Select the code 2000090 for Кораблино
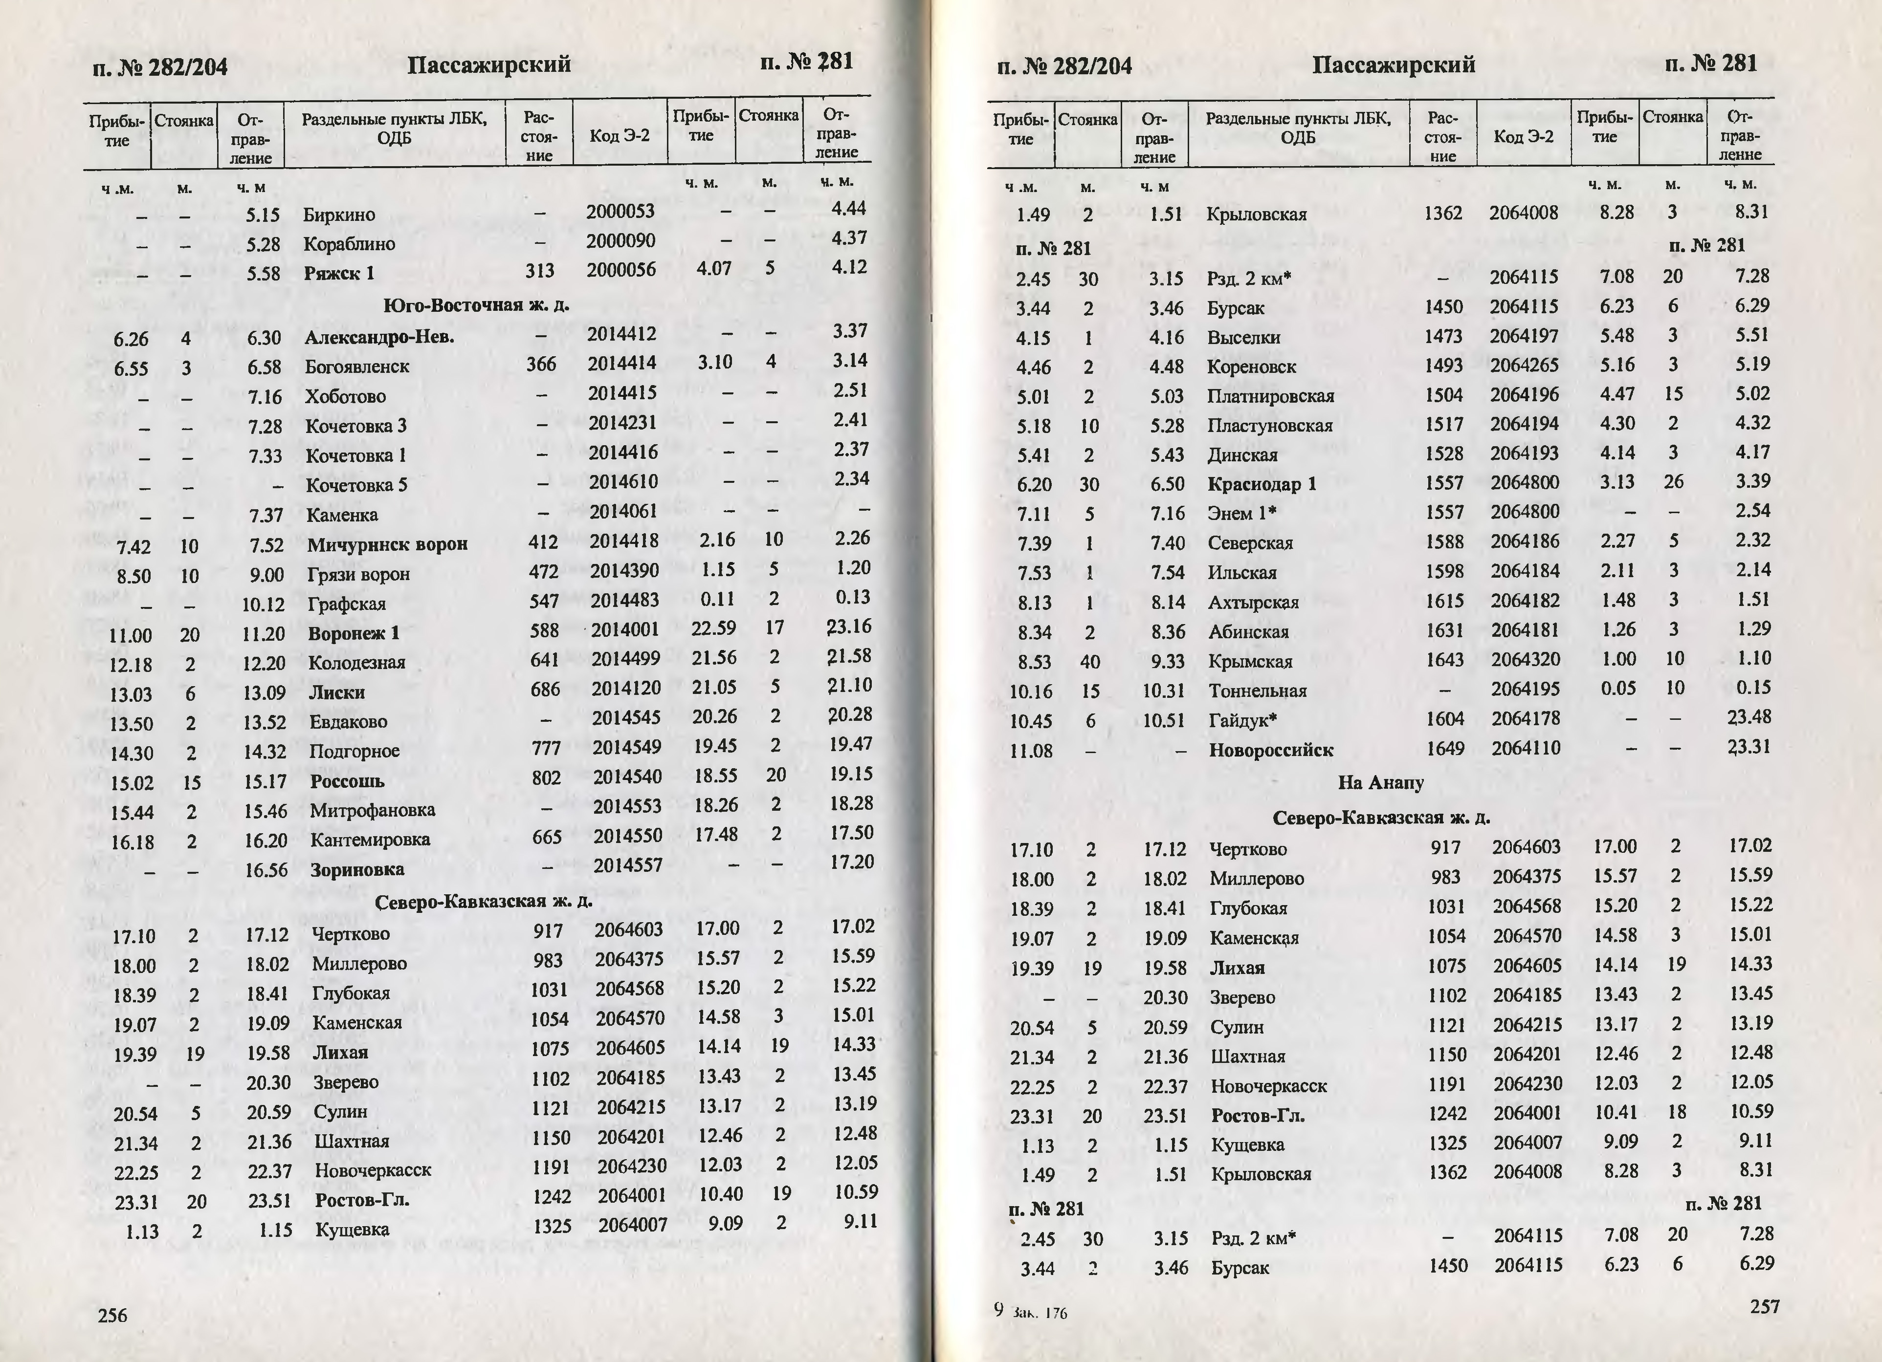(x=620, y=240)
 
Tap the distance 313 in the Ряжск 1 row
(x=539, y=271)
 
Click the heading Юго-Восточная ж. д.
(x=476, y=305)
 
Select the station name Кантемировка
(x=370, y=840)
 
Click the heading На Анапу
(x=1381, y=783)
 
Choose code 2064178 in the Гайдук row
(x=1525, y=718)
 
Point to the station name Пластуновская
(x=1270, y=426)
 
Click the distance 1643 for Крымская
(x=1445, y=660)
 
